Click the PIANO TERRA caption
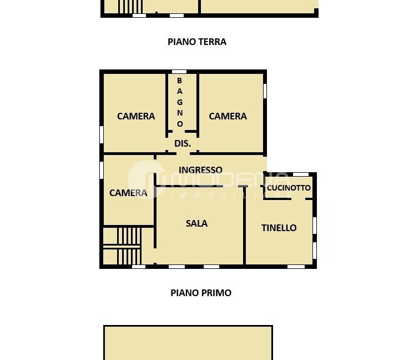coord(197,42)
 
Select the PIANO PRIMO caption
coord(200,293)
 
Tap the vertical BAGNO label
coord(179,102)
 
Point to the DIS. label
coord(183,143)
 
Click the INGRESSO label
coord(200,170)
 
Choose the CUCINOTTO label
coord(289,188)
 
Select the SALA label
coord(196,223)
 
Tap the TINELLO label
coord(279,228)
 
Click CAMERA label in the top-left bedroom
coord(136,116)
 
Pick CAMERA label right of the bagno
coord(228,116)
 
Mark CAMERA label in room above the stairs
coord(128,193)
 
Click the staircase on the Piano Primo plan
coord(128,246)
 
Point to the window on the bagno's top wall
coord(179,72)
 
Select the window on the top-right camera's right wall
coord(265,91)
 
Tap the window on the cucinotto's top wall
coord(300,174)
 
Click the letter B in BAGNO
coord(179,81)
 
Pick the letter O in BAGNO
coord(179,123)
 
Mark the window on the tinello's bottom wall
coord(296,267)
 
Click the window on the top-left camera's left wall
coord(102,134)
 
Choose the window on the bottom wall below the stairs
coord(138,267)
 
